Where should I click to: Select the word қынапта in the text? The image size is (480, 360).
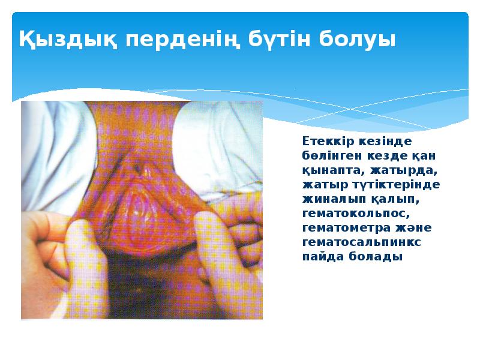tap(329, 170)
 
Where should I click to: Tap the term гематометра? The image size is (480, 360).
tap(341, 227)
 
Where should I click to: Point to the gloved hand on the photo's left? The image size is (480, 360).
tap(60, 252)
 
